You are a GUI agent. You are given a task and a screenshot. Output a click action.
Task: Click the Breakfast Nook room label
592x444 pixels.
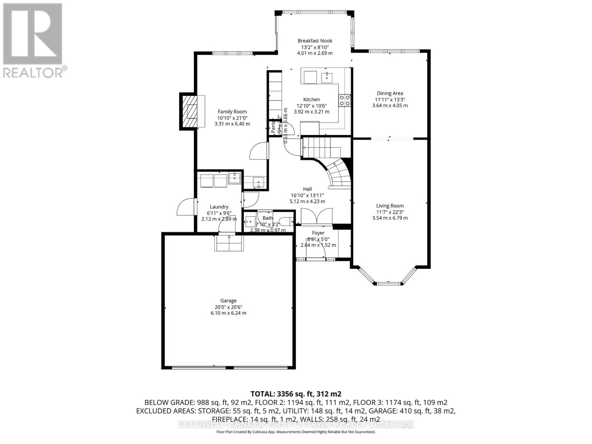coord(315,41)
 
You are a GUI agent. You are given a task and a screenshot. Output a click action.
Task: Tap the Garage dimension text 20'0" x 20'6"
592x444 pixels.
coord(228,307)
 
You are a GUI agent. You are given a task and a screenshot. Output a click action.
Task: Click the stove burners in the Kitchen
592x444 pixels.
coord(345,100)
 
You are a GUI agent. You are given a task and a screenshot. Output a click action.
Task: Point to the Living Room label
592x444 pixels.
coord(390,206)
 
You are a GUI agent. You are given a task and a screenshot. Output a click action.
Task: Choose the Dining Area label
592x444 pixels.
coord(390,93)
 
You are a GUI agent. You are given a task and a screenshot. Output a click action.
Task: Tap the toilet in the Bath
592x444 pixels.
coord(285,221)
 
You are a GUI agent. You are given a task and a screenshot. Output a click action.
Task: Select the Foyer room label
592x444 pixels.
coord(318,233)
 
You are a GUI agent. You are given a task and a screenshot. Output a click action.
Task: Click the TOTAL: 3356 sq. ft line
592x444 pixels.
coord(296,394)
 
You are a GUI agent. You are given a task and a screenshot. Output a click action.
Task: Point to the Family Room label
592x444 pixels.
coord(232,111)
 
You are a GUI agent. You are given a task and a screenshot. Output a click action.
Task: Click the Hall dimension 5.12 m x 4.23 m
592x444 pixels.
coord(307,201)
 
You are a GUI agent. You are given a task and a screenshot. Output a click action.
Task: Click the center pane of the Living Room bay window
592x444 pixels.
coord(388,283)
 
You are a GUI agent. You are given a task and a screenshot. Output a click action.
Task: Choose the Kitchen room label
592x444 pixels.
coord(312,99)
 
